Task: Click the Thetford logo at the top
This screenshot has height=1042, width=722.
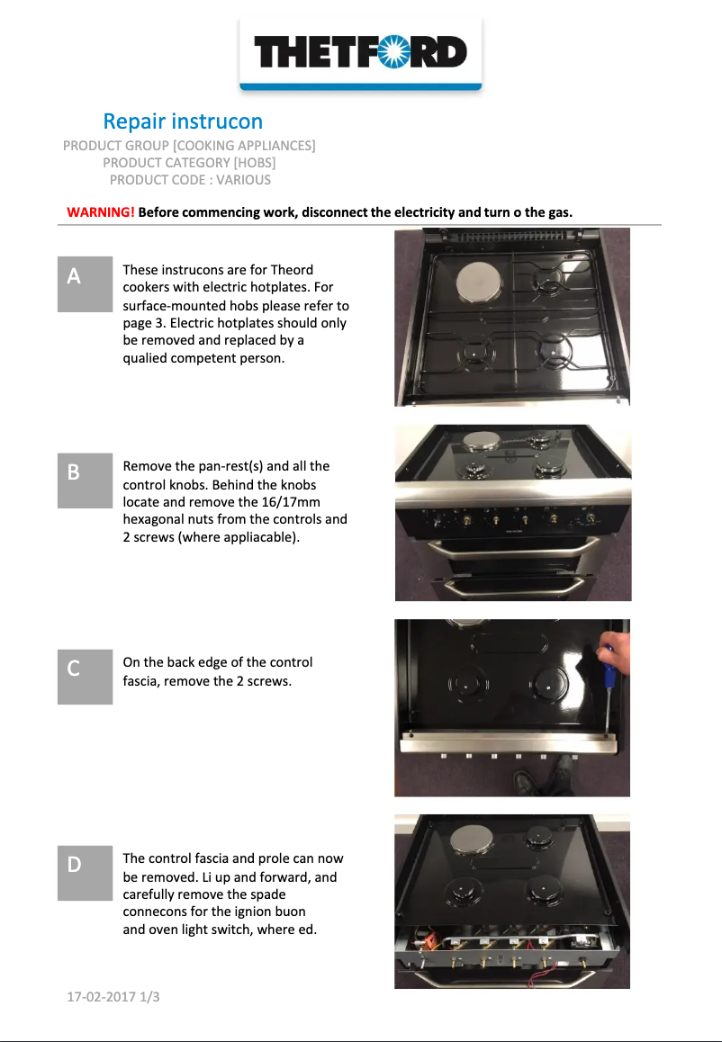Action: [360, 52]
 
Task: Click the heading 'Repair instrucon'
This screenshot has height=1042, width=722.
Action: [183, 121]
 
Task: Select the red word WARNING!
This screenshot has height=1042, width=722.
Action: [101, 212]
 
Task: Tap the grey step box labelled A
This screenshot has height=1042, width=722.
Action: [85, 284]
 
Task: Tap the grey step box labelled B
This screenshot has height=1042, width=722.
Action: [85, 480]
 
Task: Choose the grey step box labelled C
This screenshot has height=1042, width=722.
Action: [85, 677]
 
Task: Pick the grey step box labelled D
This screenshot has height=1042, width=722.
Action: [85, 873]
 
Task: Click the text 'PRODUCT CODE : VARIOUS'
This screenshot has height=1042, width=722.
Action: [190, 180]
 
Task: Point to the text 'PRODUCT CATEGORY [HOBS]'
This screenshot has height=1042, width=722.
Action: [189, 163]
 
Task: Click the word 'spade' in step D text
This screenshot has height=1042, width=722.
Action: [267, 894]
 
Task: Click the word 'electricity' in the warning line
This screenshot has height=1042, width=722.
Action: [412, 212]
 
